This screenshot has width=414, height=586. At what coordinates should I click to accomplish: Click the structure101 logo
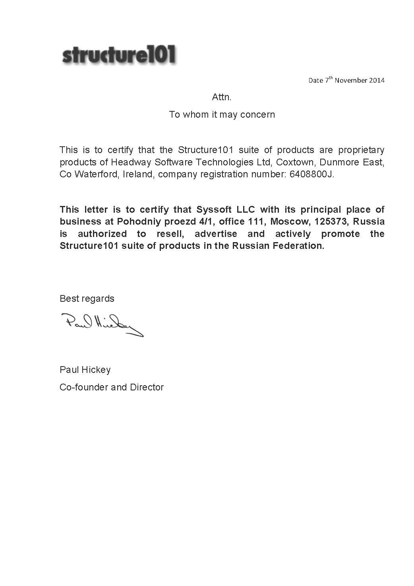(119, 54)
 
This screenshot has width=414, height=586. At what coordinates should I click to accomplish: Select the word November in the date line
(351, 80)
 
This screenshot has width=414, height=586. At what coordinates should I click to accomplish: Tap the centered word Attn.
(222, 97)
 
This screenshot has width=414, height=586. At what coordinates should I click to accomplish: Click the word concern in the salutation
(259, 114)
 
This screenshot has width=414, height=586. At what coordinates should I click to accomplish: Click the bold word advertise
(216, 234)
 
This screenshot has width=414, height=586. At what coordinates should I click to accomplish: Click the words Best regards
(87, 299)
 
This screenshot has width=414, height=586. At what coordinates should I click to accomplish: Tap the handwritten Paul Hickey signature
(102, 324)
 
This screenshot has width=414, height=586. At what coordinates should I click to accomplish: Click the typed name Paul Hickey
(85, 370)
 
